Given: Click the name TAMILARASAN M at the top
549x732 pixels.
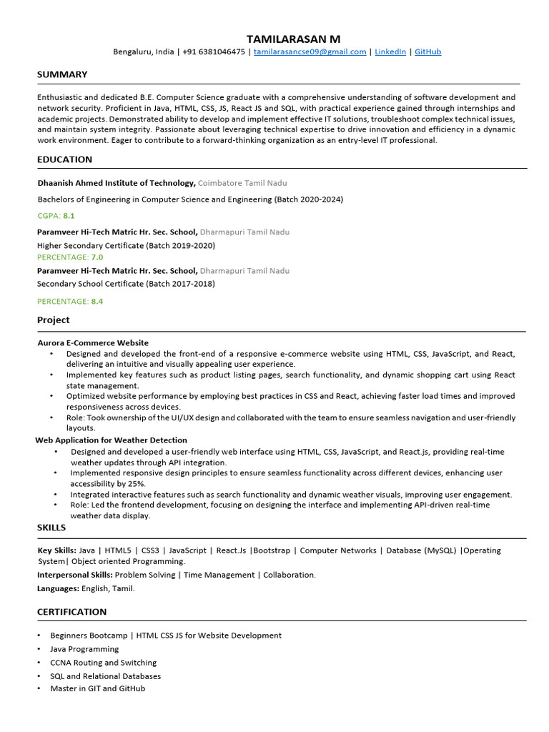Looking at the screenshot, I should click(x=293, y=38).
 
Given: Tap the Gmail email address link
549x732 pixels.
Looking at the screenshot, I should click(x=310, y=52).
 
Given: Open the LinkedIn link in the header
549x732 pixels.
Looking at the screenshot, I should click(x=390, y=52).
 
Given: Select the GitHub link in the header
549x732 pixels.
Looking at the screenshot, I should click(x=427, y=52).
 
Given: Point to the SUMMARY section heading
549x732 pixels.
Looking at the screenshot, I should click(x=62, y=74).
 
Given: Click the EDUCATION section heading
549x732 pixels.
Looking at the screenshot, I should click(x=64, y=159).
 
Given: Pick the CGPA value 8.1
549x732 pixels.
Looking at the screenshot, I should click(x=69, y=215).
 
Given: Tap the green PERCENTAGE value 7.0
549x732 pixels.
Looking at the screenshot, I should click(x=97, y=257).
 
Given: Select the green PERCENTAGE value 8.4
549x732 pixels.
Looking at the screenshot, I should click(x=97, y=302).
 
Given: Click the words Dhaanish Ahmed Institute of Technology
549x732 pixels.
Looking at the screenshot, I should click(x=116, y=183).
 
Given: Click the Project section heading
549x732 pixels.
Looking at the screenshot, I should click(x=54, y=320).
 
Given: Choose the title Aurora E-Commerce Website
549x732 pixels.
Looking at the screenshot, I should click(x=93, y=343).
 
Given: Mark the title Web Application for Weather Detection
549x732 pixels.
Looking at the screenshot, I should click(x=111, y=440).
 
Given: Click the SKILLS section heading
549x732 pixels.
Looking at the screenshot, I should click(x=51, y=528).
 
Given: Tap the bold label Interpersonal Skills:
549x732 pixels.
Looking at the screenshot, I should click(x=74, y=575).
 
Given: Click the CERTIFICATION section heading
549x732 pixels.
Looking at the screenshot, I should click(x=71, y=612).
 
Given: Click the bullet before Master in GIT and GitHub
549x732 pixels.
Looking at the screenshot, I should click(x=39, y=688).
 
